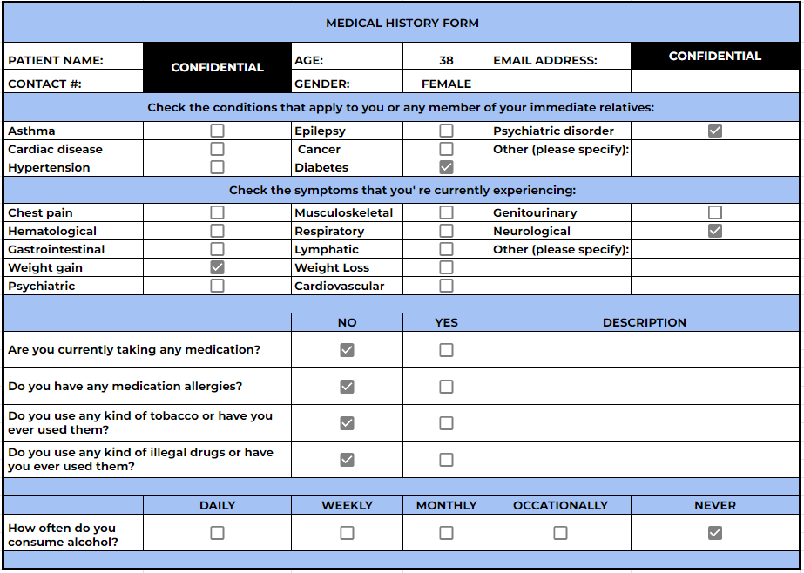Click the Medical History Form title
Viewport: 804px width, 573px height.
tap(402, 24)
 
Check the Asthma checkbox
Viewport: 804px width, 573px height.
tap(217, 131)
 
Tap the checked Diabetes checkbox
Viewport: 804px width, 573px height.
tap(446, 167)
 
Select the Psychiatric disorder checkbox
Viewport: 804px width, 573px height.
tap(715, 131)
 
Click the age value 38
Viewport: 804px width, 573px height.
tap(446, 61)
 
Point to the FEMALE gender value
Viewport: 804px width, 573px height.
tap(446, 84)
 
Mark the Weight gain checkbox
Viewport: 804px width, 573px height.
tap(217, 267)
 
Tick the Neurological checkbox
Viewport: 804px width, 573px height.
tap(715, 231)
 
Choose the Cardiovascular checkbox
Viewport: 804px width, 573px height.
tap(446, 286)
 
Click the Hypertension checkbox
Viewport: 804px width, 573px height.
tap(217, 167)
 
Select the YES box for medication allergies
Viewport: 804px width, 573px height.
tap(446, 387)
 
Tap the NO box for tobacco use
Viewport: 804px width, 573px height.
tap(347, 423)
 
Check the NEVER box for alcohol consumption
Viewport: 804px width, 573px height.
tap(715, 533)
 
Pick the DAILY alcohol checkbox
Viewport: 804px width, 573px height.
tap(217, 533)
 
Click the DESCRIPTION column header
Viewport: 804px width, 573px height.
tap(645, 322)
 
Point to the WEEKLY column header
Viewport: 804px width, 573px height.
tap(347, 505)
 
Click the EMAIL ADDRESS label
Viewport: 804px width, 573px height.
tap(545, 61)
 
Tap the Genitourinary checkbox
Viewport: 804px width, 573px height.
tap(715, 212)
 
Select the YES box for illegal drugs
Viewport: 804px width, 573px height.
tap(446, 460)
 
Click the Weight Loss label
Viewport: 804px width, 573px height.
tap(332, 267)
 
